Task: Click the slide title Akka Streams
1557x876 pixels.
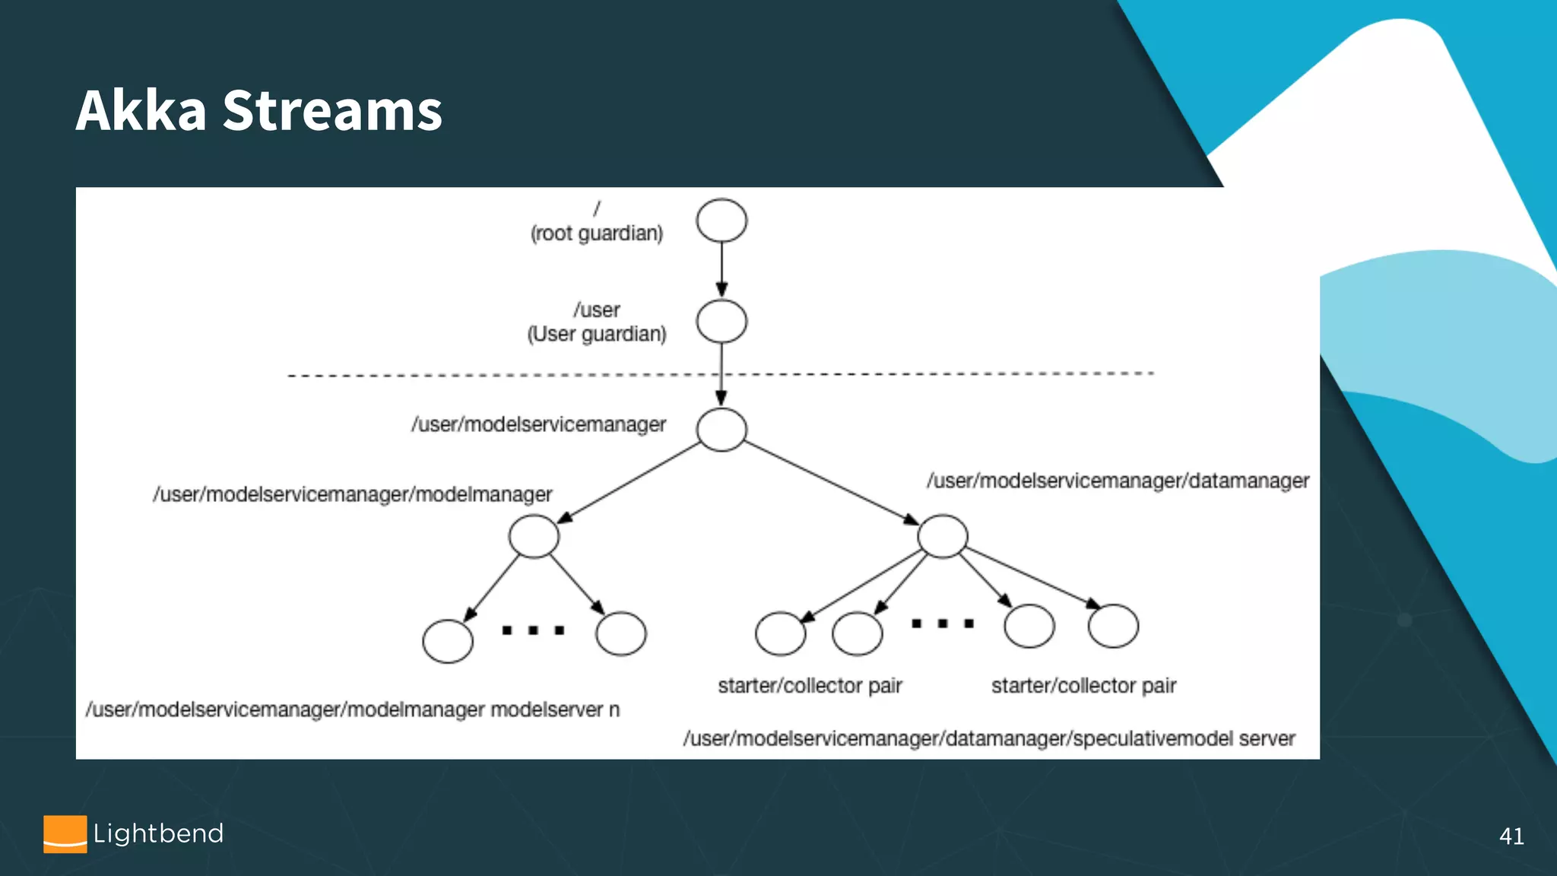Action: pos(258,110)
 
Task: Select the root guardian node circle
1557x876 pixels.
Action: pos(721,221)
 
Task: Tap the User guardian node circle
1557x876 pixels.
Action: pos(721,322)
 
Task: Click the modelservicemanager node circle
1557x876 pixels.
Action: pos(721,430)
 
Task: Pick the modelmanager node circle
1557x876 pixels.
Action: pos(534,536)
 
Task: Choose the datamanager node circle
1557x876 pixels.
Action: pos(943,536)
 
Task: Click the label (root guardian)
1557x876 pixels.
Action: pos(597,233)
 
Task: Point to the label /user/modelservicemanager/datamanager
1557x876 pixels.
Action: pos(1118,481)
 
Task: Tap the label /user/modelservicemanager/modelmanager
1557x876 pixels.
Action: pos(352,494)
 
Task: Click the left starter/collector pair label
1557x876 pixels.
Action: pos(810,686)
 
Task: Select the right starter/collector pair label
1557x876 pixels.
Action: pos(1083,686)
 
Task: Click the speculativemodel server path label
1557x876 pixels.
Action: pos(988,738)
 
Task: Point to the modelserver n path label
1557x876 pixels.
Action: pos(353,709)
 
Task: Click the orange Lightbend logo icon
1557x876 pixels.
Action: pos(65,834)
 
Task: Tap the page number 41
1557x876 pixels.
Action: pos(1511,836)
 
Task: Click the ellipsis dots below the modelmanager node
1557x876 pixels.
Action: pos(533,630)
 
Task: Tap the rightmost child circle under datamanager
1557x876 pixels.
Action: pos(1113,626)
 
